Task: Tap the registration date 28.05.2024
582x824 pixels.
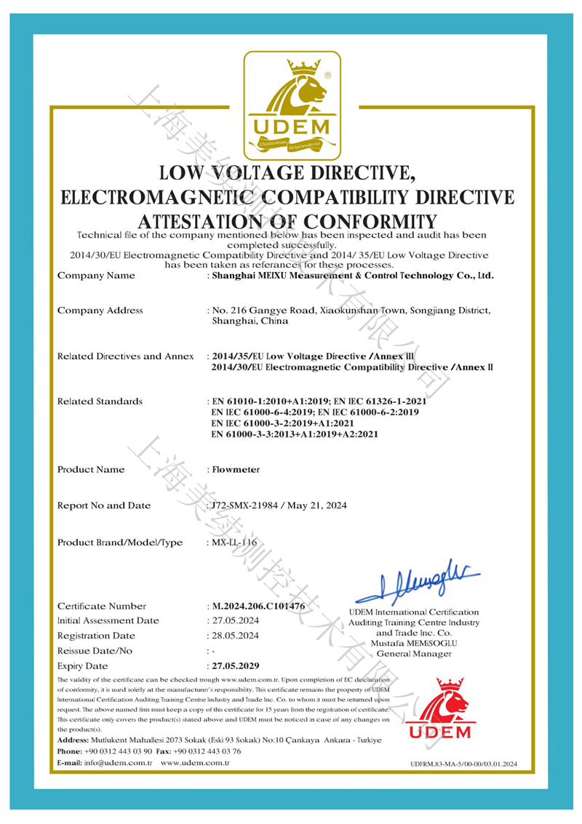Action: click(234, 636)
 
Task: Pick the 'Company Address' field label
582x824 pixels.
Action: click(100, 311)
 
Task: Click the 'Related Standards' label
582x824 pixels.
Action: click(100, 401)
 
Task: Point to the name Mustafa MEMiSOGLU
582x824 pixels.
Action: click(412, 643)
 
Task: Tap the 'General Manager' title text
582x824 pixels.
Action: click(412, 654)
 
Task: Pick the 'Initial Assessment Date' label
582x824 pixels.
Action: click(108, 620)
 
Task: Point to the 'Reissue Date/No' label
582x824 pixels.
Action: click(94, 650)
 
